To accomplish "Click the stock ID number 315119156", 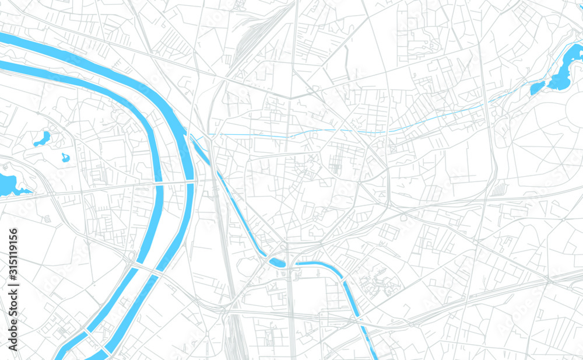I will (x=13, y=257).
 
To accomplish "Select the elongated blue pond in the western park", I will (x=42, y=139).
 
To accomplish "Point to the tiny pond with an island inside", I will (x=65, y=158).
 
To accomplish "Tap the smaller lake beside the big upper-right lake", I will (x=536, y=88).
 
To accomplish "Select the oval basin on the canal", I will (x=278, y=263).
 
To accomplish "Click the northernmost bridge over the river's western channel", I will (x=159, y=184).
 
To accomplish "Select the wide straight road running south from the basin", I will (x=290, y=315).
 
